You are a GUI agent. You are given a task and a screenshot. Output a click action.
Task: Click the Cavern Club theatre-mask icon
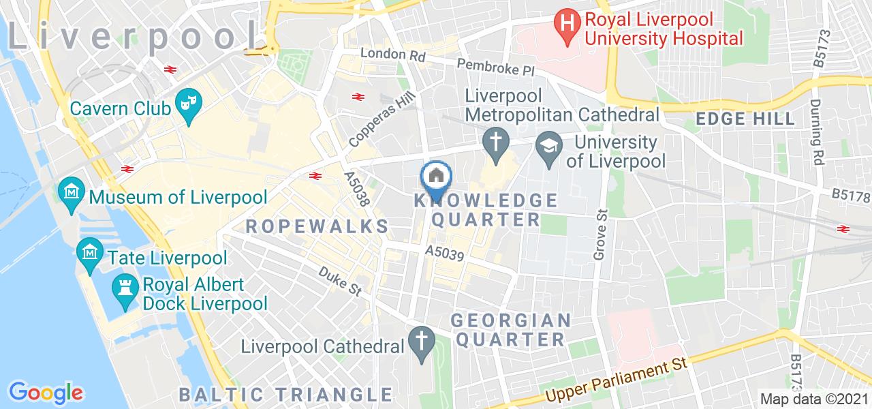coord(185,104)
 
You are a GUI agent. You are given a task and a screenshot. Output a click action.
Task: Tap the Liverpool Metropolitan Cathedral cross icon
coord(496,142)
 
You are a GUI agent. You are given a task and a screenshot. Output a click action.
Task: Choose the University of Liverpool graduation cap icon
coord(548,144)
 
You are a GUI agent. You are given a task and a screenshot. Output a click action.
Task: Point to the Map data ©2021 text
coord(814,399)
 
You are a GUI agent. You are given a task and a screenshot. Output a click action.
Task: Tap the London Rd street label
coord(388,54)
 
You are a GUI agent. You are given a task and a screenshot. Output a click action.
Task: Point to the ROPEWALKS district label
coord(317,226)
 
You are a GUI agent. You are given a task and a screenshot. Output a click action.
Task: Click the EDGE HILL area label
coord(745,119)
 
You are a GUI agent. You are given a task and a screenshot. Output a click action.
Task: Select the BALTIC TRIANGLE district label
coord(286,394)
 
